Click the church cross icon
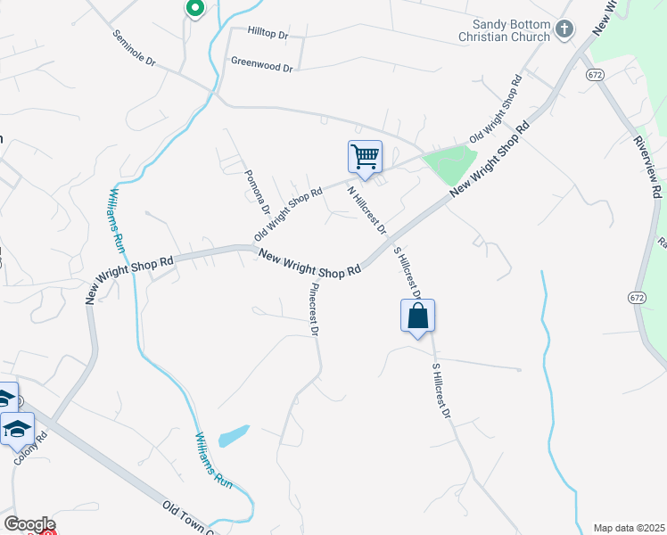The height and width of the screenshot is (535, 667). click(564, 30)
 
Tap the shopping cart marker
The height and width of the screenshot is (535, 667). click(365, 158)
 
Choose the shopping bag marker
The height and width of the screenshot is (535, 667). click(417, 317)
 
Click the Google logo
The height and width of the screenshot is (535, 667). click(29, 524)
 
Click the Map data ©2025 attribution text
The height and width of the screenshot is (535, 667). click(629, 527)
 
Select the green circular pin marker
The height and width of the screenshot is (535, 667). click(195, 9)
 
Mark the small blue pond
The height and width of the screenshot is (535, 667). click(233, 435)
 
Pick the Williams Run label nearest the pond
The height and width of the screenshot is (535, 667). click(214, 460)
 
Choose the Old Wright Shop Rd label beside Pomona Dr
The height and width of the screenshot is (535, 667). click(288, 214)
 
